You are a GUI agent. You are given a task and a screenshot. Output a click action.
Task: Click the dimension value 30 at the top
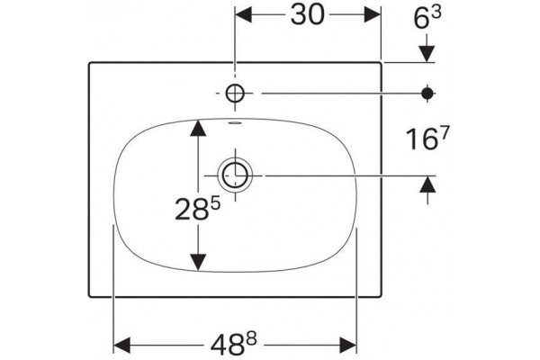pos(307,15)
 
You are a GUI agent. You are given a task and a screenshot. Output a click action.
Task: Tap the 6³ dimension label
pos(427,18)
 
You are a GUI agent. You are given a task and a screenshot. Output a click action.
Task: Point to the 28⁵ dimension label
pos(197,209)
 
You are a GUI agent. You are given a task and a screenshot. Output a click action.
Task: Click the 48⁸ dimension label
pos(234,345)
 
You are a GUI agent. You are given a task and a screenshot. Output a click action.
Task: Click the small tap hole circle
pos(235,94)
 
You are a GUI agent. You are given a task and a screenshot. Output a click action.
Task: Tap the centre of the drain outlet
pos(235,175)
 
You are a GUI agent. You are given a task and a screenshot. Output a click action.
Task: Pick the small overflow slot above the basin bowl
pos(235,122)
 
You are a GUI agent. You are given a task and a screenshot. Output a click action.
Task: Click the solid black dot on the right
pos(427,93)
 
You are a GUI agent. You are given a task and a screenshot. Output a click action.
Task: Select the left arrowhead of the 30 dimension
pos(243,14)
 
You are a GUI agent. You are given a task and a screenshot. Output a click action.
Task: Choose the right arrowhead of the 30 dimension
pos(373,14)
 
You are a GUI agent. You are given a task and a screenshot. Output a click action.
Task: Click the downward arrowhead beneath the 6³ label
pos(427,54)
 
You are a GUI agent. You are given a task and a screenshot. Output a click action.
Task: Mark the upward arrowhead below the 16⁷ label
pos(427,184)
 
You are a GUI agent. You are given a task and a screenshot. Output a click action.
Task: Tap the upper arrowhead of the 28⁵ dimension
pos(198,127)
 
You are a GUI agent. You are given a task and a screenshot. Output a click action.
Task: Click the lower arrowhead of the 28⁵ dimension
pos(198,263)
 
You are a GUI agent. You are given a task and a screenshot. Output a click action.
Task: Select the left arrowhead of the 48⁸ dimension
pos(121,346)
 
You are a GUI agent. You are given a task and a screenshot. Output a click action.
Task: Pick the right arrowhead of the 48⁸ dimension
pos(347,346)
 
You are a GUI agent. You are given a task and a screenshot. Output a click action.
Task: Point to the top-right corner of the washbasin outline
pos(380,63)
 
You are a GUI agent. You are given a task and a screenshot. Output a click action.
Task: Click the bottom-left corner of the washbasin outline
pos(90,296)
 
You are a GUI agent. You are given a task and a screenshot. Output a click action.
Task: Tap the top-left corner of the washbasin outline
pos(90,63)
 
